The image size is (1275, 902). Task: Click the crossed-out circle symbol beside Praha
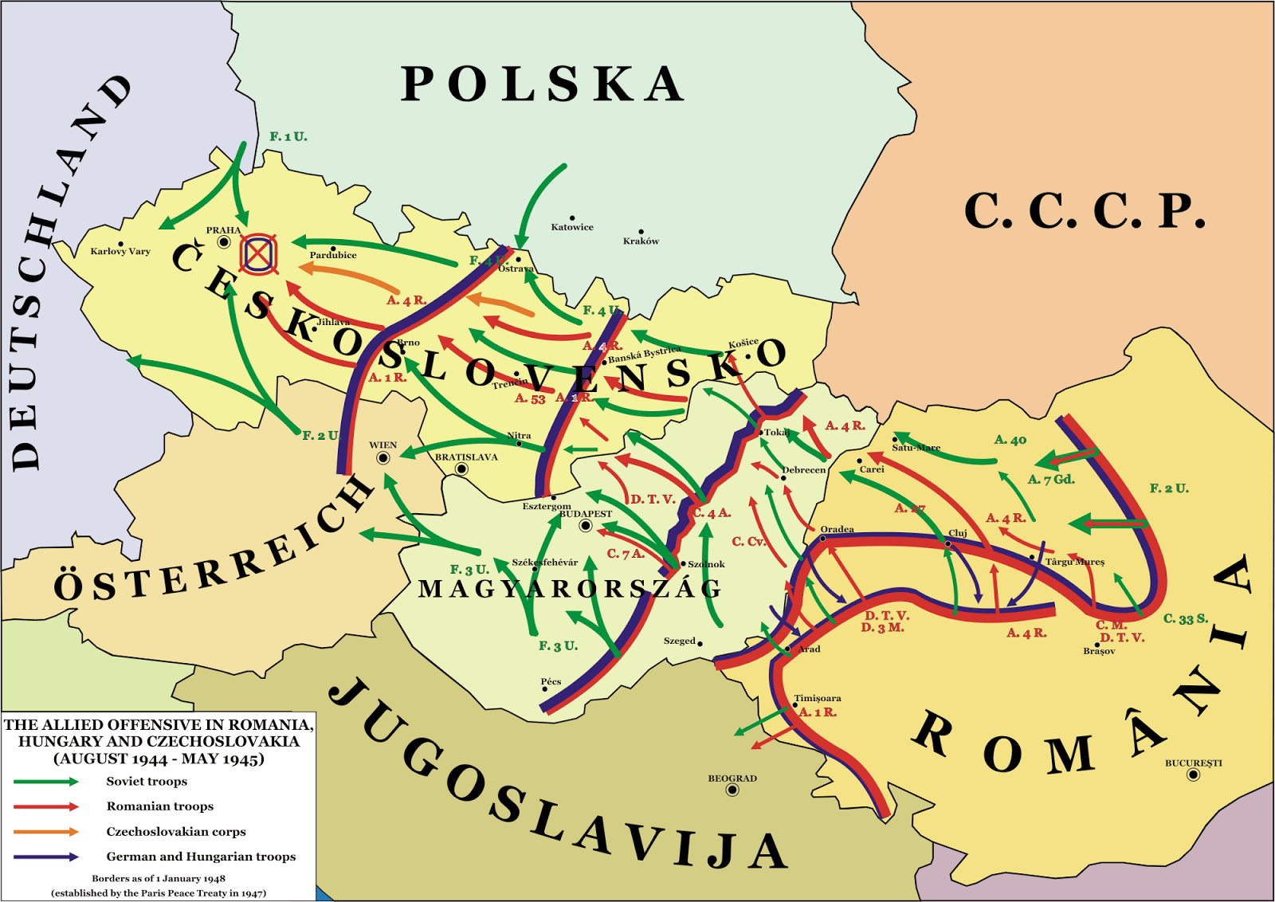pos(259,253)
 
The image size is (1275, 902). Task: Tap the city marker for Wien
pos(382,457)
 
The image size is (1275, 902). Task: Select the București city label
pos(1193,763)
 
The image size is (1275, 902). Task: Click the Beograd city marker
pos(732,790)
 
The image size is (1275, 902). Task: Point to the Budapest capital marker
pos(586,526)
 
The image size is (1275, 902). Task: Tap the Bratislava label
pos(466,457)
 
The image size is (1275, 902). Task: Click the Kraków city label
pos(641,241)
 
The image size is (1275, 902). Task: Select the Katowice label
pos(572,227)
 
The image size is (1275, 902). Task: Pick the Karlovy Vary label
pos(120,251)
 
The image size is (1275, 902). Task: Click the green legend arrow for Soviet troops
pos(46,782)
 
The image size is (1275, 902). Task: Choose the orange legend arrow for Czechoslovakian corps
pos(46,832)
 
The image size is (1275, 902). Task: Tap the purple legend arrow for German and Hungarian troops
pos(46,857)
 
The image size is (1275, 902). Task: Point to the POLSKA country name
pos(542,84)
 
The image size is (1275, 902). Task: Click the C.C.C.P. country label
pos(1085,212)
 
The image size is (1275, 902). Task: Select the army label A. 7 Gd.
pos(1051,480)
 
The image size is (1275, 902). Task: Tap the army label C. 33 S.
pos(1186,618)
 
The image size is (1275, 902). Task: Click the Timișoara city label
pos(818,698)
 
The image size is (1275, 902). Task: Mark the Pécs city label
pos(551,681)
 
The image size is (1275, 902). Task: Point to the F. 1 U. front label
pos(288,136)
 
